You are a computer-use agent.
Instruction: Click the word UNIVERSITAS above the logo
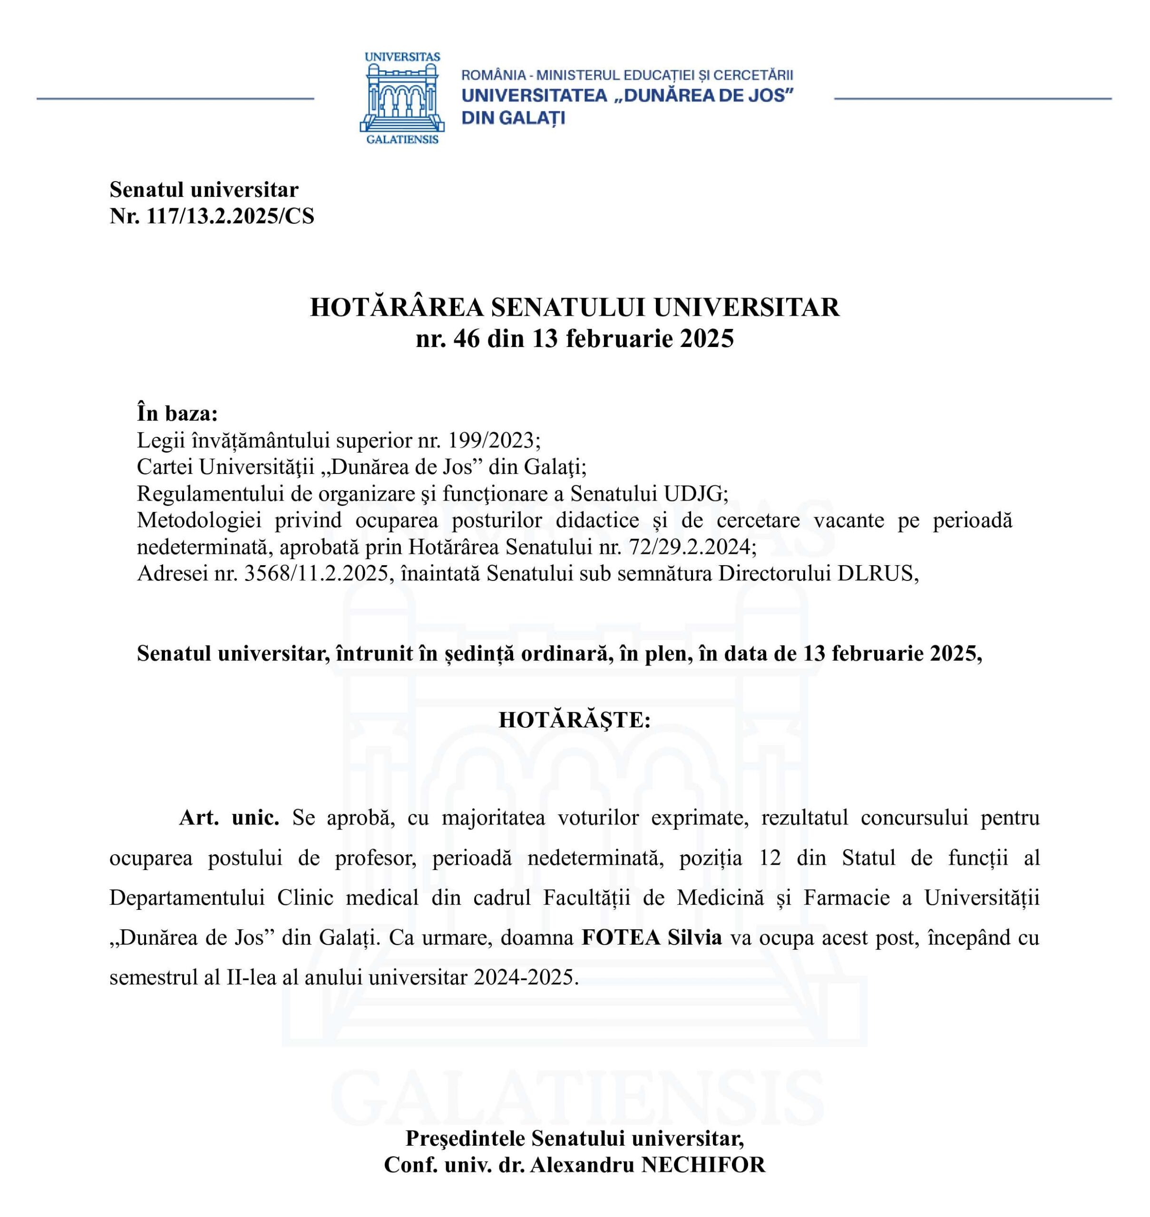[402, 57]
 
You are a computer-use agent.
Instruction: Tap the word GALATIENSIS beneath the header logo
[402, 140]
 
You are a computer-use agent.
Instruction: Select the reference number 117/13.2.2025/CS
[230, 216]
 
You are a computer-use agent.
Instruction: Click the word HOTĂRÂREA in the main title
[397, 308]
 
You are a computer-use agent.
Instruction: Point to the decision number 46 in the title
[467, 338]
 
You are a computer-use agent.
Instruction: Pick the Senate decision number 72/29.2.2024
[692, 547]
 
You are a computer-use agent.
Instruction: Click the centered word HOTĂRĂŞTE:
[575, 720]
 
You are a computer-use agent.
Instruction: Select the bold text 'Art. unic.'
[229, 818]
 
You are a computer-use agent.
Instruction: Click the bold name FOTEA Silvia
[651, 937]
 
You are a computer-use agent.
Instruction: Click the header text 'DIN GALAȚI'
[513, 117]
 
